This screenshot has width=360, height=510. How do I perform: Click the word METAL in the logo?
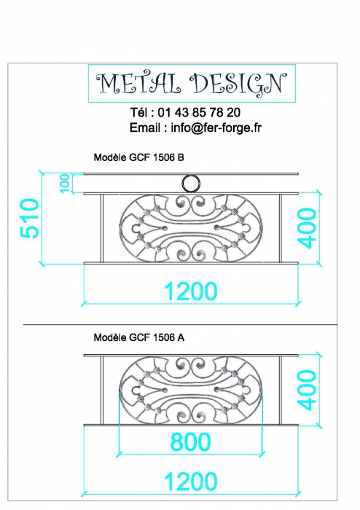click(x=138, y=83)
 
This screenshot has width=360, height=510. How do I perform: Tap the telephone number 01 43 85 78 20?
click(x=199, y=112)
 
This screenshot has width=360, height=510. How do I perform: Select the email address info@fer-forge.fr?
click(x=216, y=127)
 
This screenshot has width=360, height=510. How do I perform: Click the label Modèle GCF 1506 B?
click(x=139, y=157)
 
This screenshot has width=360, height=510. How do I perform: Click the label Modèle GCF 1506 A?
click(x=139, y=337)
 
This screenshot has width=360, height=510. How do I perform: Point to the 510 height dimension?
click(x=29, y=218)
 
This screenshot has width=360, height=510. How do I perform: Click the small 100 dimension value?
click(x=65, y=183)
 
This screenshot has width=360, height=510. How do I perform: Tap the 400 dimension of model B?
click(x=307, y=228)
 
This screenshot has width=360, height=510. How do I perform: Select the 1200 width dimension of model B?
click(x=191, y=291)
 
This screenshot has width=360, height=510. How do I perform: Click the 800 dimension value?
click(x=190, y=442)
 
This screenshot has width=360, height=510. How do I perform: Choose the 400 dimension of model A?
click(x=307, y=390)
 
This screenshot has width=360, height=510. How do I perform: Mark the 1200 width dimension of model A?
click(x=191, y=482)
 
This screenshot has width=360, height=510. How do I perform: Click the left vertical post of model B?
click(x=102, y=228)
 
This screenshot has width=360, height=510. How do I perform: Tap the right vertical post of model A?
click(x=280, y=391)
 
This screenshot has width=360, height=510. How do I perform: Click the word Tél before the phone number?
click(x=139, y=112)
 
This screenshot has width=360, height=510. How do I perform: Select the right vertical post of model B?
click(x=280, y=228)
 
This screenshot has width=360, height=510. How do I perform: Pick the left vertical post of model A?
click(x=102, y=391)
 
